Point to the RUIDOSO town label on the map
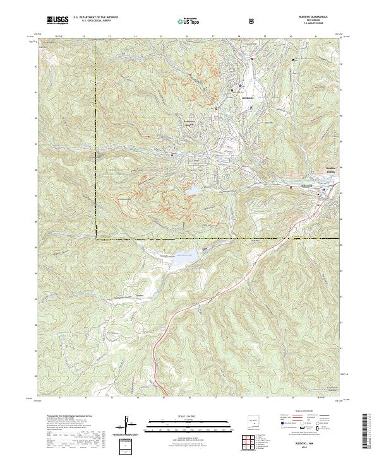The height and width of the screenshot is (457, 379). tap(244, 98)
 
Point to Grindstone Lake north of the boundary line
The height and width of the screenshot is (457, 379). tap(192, 190)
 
